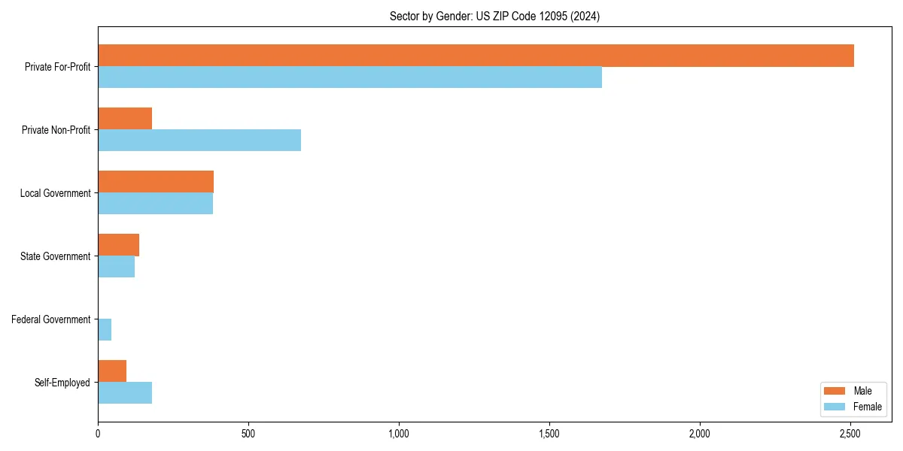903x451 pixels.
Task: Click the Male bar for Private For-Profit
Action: point(476,56)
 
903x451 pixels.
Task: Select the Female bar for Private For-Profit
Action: point(350,77)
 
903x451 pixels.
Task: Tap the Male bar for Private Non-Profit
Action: point(125,119)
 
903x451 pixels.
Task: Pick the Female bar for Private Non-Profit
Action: point(199,141)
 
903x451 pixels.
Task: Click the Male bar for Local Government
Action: point(156,182)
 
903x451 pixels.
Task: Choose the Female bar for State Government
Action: point(116,267)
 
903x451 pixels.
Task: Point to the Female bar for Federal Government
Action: point(105,330)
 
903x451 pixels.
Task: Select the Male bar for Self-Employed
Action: point(112,371)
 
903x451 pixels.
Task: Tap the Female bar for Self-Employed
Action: point(125,393)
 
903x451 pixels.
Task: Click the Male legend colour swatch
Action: point(835,391)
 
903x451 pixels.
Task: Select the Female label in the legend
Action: point(868,407)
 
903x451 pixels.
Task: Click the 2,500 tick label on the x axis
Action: point(850,434)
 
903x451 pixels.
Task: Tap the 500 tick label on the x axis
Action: point(248,434)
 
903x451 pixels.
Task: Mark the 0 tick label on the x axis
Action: point(98,434)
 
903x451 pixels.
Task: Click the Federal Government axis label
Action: point(51,319)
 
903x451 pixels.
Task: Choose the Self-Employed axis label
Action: point(62,383)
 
